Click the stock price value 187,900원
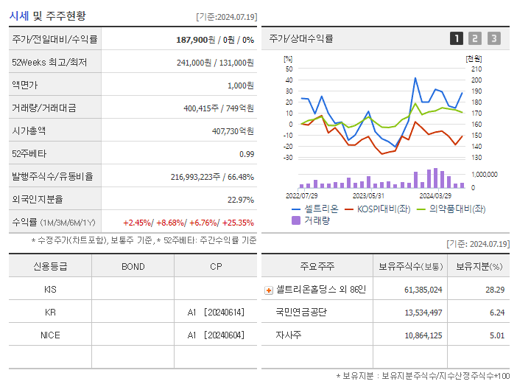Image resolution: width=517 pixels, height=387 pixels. coord(196,40)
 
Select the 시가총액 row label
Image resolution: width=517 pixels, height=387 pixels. coord(29,130)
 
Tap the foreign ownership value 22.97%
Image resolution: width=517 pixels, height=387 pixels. coord(240,199)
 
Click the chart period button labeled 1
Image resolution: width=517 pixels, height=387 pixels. coord(457,38)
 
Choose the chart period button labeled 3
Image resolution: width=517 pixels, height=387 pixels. coord(493,38)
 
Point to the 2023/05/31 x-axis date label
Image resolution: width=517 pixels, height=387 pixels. coord(368,196)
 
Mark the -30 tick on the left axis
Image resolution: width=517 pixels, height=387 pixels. coord(288,157)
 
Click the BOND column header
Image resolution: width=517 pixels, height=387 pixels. coord(133,266)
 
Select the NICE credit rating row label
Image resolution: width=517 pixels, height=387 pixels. coord(50,335)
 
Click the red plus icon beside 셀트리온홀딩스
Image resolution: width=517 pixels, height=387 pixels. coord(268,290)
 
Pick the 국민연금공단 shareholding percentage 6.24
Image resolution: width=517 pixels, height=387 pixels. coord(495,313)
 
